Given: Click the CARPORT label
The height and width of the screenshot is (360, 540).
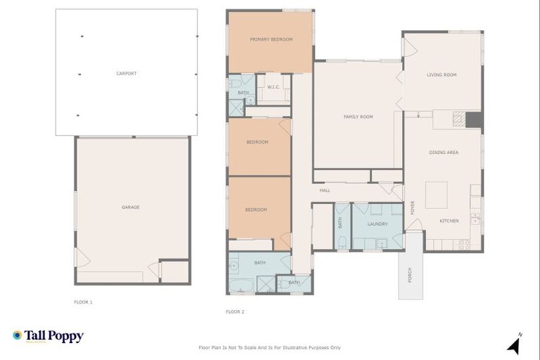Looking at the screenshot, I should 127,73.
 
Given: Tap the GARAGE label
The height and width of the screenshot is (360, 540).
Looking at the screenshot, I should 131,207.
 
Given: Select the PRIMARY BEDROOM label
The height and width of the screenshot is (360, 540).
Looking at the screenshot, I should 271,39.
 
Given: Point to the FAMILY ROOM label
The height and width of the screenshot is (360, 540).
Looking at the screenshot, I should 358,117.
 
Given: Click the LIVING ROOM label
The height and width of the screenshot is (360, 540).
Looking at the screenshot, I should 442,75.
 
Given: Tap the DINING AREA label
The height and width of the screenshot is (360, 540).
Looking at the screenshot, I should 444,153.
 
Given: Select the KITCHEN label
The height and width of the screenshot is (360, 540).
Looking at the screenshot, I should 449,221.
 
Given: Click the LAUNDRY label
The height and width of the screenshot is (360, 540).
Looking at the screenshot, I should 378,224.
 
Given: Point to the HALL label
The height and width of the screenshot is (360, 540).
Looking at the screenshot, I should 324,190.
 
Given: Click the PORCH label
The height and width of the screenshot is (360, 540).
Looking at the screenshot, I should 410,275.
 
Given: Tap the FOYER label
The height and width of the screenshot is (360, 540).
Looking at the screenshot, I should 413,208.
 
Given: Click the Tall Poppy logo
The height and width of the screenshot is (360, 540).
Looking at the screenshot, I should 48,336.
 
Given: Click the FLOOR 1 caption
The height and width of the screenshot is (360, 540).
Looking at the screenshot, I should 83,302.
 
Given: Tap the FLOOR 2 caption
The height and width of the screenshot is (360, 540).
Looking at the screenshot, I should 235,311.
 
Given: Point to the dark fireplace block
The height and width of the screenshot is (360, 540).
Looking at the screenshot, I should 474,120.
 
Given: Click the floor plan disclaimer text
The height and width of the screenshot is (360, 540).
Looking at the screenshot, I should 270,347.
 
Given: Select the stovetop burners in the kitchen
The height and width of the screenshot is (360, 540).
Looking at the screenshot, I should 464,245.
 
